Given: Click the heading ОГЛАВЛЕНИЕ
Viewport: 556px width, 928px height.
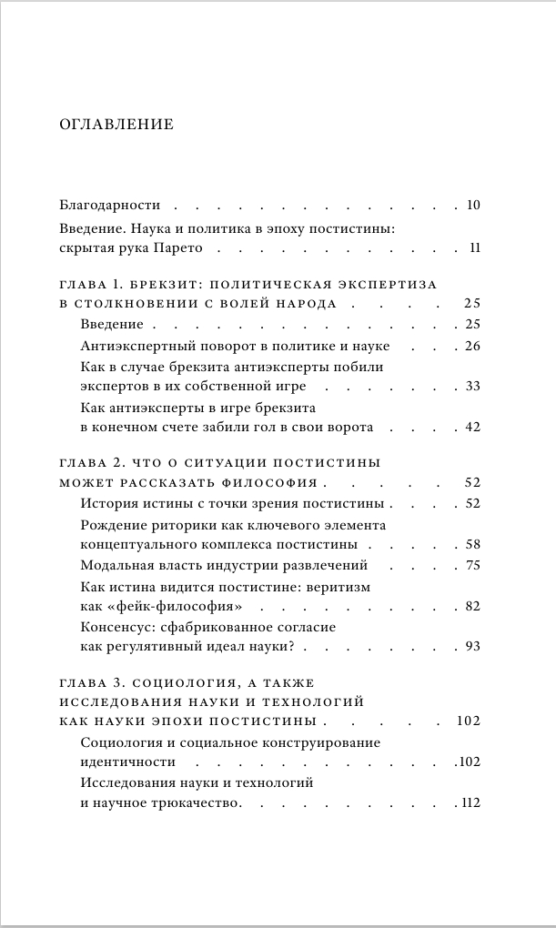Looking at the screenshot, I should (x=116, y=124).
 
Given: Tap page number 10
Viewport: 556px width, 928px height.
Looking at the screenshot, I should (x=472, y=205).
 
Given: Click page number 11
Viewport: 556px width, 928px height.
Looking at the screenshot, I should (x=473, y=247).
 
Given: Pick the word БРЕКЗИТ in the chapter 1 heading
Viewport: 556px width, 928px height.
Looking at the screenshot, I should (x=168, y=284).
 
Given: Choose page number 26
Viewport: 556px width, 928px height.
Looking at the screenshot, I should (x=471, y=346).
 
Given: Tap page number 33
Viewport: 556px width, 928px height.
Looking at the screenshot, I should (x=471, y=387).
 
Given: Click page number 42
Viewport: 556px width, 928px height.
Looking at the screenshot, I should (x=471, y=428).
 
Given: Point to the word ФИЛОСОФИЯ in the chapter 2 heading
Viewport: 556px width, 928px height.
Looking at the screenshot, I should (x=274, y=482).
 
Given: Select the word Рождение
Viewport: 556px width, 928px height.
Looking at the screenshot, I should (x=111, y=525).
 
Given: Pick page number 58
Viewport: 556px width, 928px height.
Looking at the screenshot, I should (x=471, y=545).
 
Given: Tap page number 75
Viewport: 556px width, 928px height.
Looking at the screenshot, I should (x=471, y=566).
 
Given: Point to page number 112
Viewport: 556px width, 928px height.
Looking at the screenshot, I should (x=470, y=803).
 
